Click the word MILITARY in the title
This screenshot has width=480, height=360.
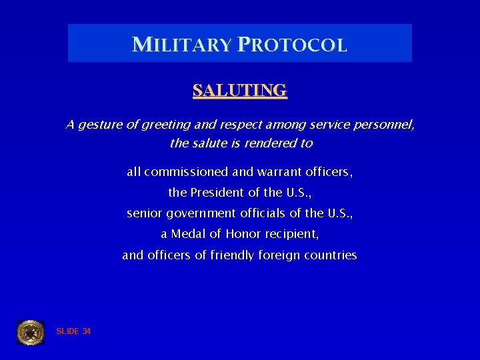181,45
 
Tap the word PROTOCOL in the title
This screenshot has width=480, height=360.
292,45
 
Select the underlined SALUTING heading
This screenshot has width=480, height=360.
240,90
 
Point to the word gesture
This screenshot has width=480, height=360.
100,125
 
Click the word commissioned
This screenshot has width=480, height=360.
186,172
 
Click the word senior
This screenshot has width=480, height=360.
144,213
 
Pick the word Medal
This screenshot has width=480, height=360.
186,234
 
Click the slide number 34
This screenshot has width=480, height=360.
87,331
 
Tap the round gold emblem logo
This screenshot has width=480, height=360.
30,332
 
